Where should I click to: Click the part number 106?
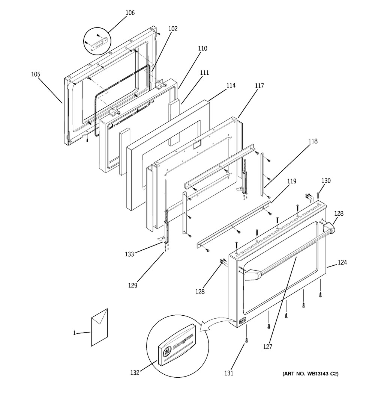click(x=130, y=13)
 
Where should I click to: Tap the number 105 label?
click(x=36, y=74)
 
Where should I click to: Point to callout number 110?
click(x=202, y=48)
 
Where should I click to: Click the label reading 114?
click(x=231, y=85)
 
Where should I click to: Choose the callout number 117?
click(x=259, y=86)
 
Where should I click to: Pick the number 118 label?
click(x=313, y=141)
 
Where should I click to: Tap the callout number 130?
click(x=326, y=180)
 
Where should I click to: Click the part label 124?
click(x=342, y=262)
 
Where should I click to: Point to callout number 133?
click(x=129, y=254)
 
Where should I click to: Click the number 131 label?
click(x=229, y=373)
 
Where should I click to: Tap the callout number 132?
click(x=135, y=373)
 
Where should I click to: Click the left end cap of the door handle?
click(x=251, y=275)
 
